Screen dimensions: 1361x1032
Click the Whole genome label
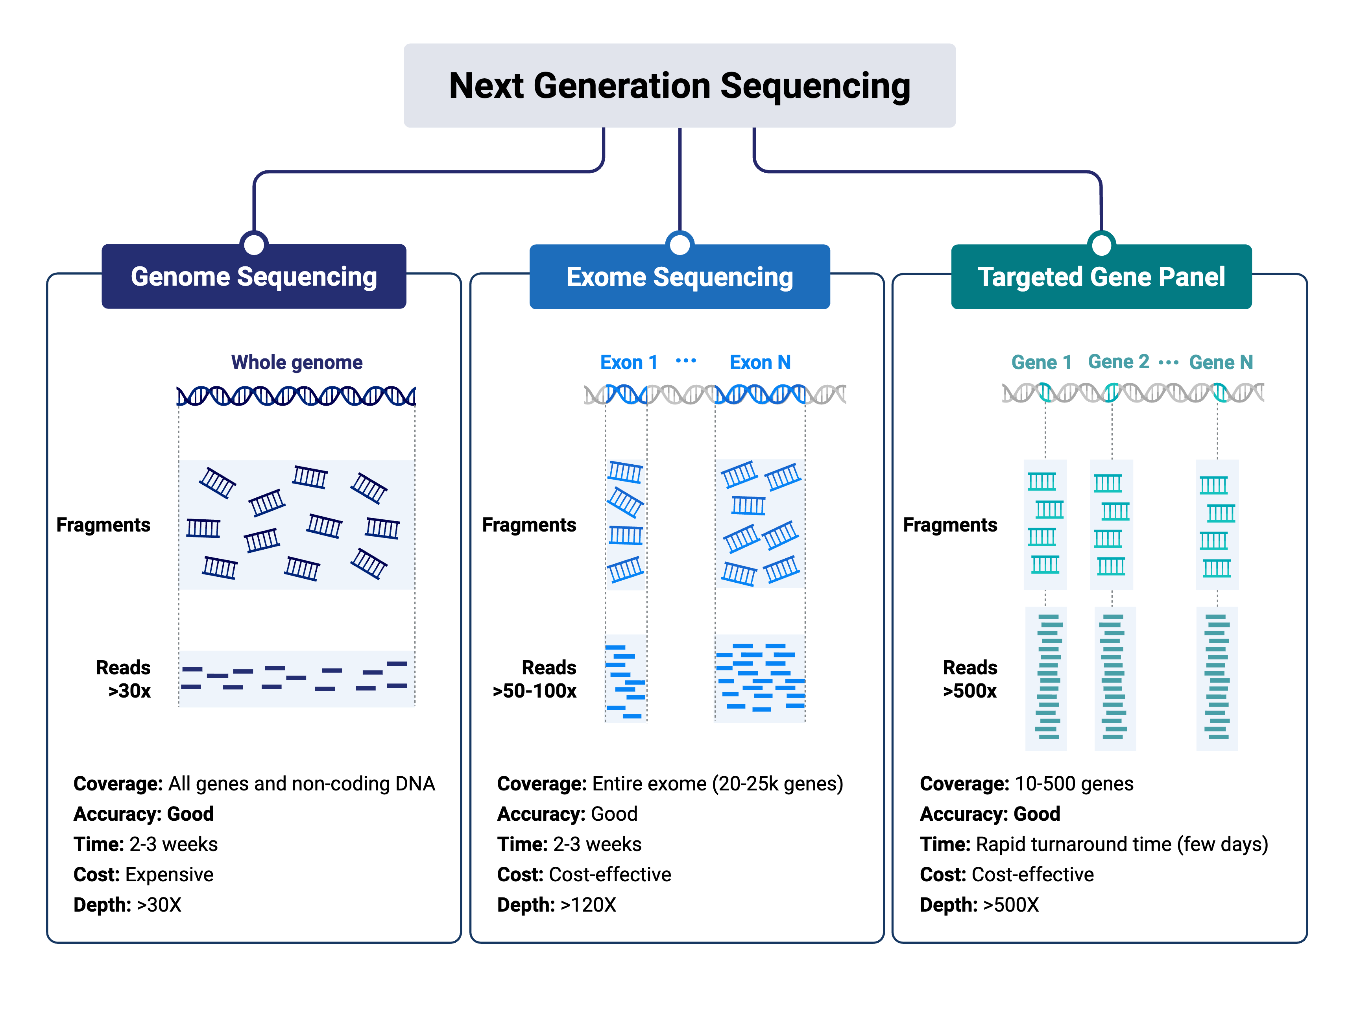tap(297, 362)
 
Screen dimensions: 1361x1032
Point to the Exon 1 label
tap(629, 362)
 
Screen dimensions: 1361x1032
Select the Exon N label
tap(760, 362)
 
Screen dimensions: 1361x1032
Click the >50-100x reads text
tap(535, 691)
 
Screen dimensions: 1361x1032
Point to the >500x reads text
tap(970, 691)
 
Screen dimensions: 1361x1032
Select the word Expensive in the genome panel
tap(169, 875)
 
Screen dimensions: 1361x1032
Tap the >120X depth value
tap(588, 905)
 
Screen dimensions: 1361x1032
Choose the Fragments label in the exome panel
tap(529, 525)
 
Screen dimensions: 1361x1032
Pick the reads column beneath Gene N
tap(1217, 678)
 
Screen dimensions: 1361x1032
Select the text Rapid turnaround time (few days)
tap(1122, 844)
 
